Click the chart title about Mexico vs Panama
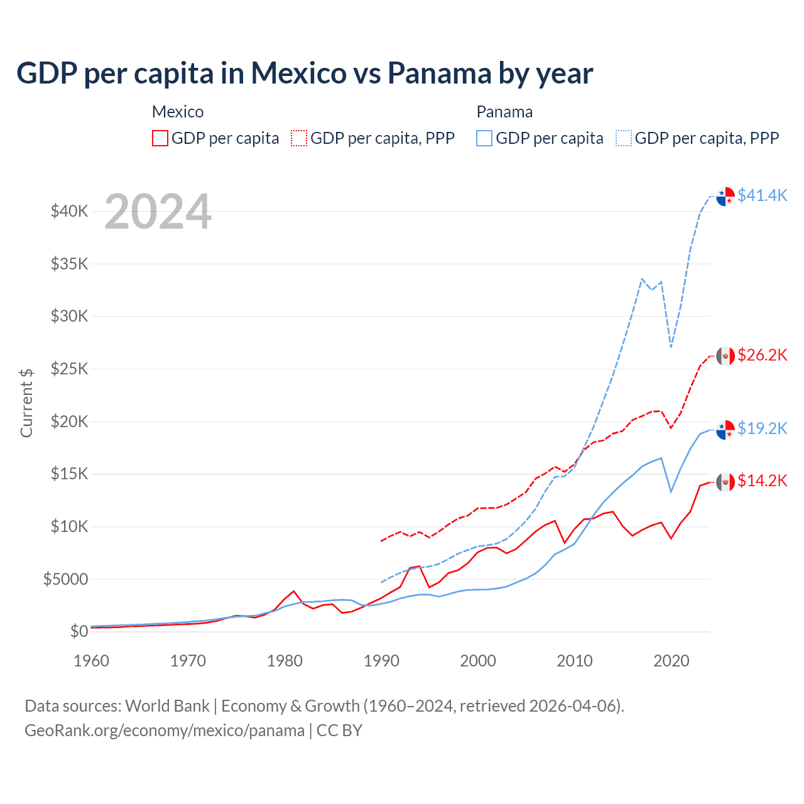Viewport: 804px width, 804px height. coord(305,73)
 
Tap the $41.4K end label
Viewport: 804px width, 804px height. coord(762,195)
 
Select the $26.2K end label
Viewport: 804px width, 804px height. coord(762,355)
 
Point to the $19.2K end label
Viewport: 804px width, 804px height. coord(762,428)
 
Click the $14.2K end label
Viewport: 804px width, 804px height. coord(762,481)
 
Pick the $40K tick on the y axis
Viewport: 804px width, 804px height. coord(69,211)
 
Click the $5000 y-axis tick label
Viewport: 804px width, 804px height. coord(65,579)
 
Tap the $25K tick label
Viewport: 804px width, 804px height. coord(69,369)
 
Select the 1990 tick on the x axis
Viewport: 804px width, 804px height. coord(381,661)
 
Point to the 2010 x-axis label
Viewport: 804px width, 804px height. coord(575,661)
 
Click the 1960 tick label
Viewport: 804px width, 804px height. coord(92,661)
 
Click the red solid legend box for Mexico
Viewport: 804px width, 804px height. coord(160,138)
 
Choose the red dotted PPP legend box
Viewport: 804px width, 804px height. coord(300,138)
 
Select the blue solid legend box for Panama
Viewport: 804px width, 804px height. coord(484,138)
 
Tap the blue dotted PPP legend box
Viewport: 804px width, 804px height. coord(624,138)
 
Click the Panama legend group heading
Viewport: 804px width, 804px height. coord(504,112)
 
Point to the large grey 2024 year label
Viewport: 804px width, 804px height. coord(158,212)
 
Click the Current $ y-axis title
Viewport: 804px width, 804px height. coord(26,403)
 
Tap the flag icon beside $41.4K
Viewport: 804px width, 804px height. coord(725,196)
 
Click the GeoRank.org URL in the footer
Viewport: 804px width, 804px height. coord(165,731)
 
